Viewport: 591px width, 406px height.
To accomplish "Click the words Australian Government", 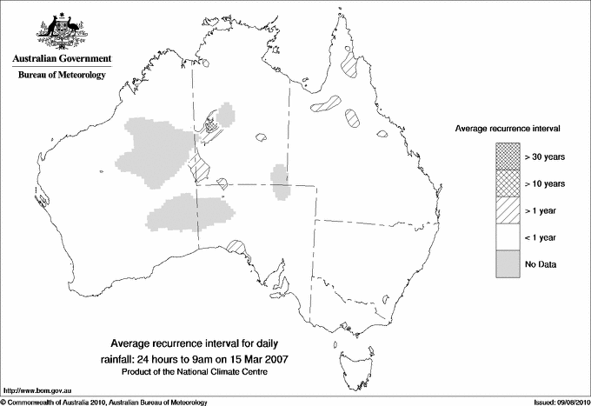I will click(x=61, y=59).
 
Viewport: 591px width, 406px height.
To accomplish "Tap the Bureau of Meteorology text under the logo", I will click(x=61, y=76).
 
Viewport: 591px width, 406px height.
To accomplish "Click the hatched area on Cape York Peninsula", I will click(x=352, y=65).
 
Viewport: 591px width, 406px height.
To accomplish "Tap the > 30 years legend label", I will click(x=545, y=156).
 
